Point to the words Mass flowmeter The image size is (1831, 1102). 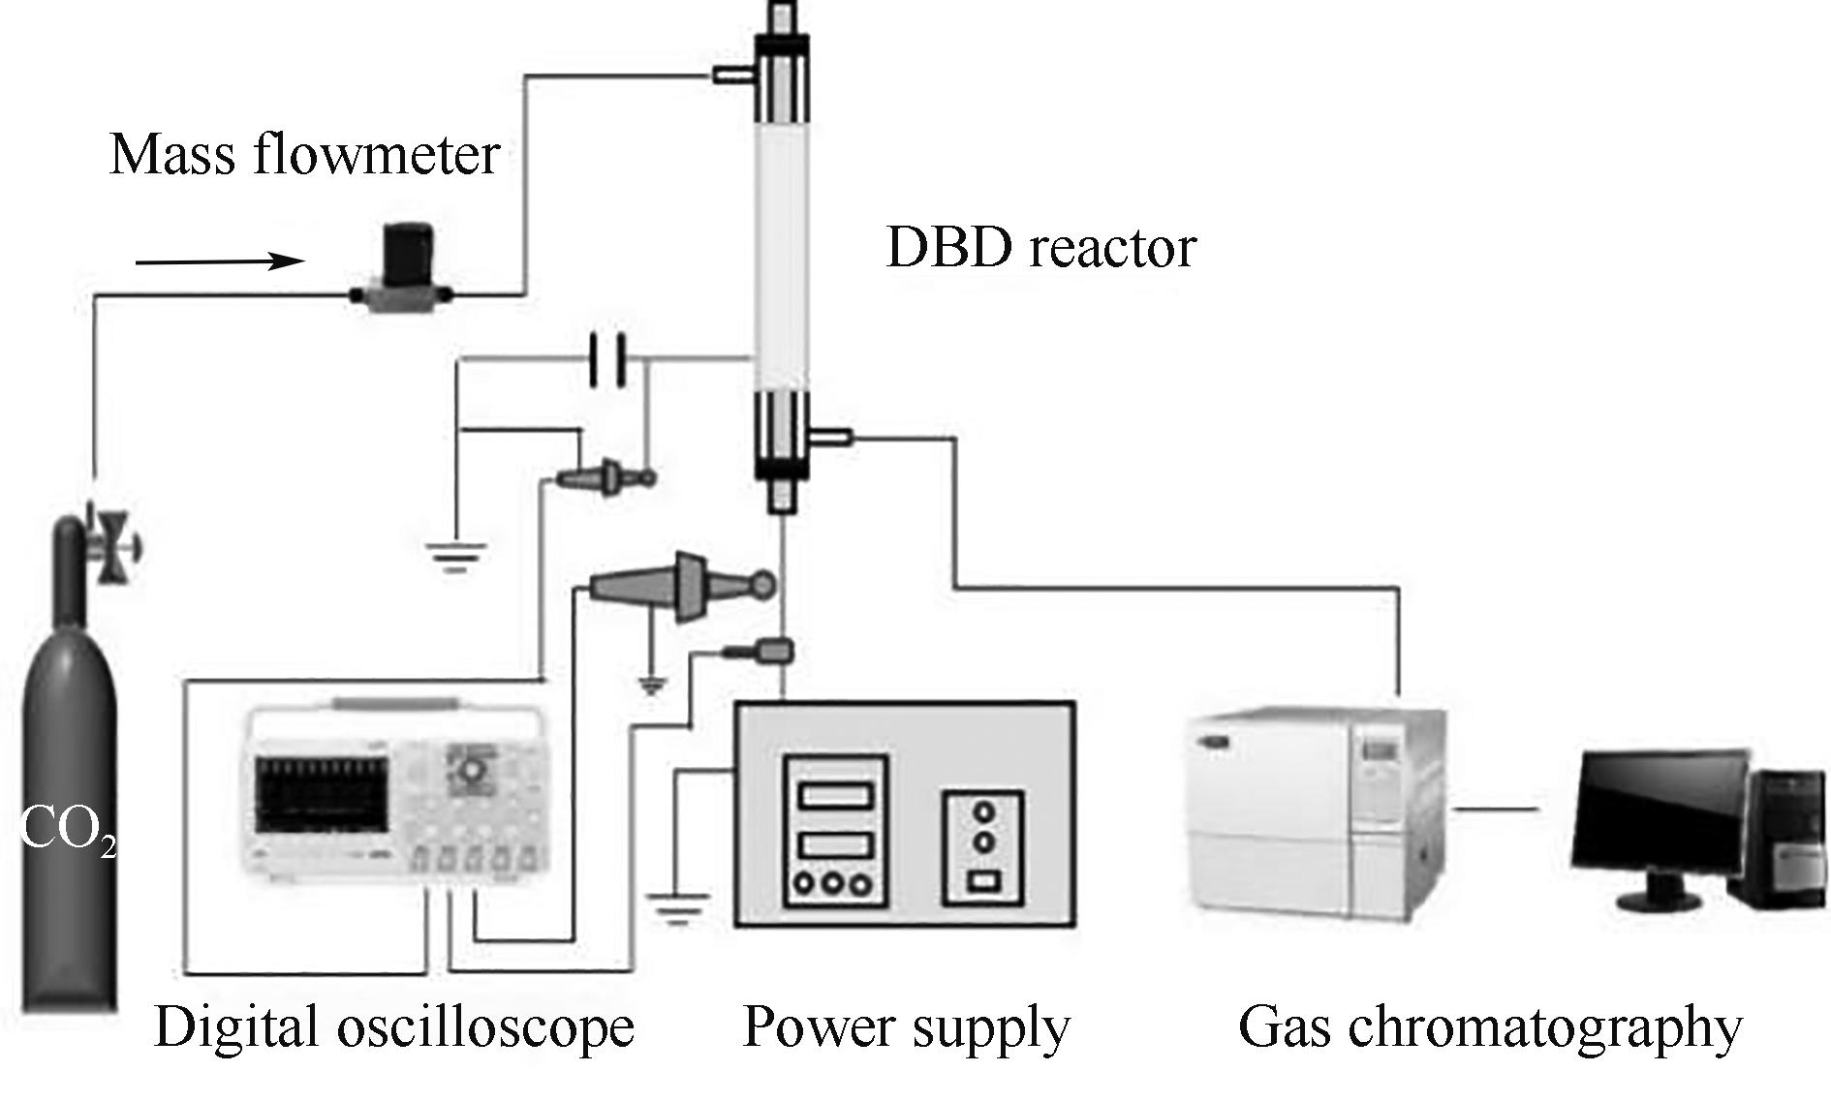(304, 155)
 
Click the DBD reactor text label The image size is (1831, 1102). (1040, 248)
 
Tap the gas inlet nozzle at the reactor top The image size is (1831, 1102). (734, 74)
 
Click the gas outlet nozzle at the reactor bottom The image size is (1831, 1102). (831, 439)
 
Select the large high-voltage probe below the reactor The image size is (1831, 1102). (678, 586)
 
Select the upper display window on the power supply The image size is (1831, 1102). (835, 795)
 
